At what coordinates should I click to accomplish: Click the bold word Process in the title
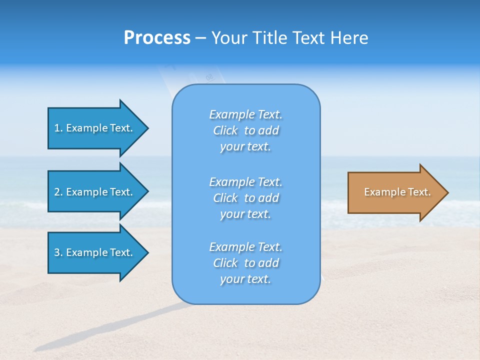(157, 38)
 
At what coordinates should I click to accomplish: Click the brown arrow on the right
(395, 192)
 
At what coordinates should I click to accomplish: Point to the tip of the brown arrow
(447, 192)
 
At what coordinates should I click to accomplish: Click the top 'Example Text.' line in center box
(245, 114)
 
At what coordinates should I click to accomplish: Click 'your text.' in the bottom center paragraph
(245, 279)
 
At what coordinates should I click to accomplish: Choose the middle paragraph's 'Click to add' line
(245, 198)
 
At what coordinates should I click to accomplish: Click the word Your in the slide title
(229, 38)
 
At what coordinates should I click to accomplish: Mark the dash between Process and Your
(200, 38)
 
